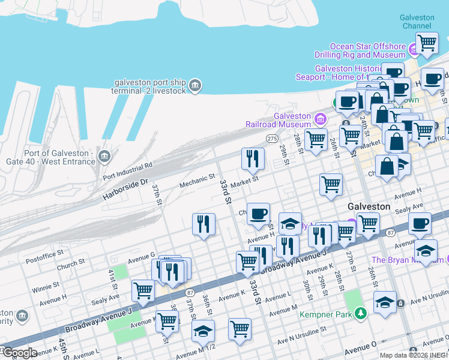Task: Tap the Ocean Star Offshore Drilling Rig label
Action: click(368, 50)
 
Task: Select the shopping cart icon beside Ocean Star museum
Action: click(426, 43)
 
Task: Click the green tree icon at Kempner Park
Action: click(360, 313)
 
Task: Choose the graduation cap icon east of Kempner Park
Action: click(385, 302)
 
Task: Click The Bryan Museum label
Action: click(405, 260)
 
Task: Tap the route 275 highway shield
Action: click(272, 139)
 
